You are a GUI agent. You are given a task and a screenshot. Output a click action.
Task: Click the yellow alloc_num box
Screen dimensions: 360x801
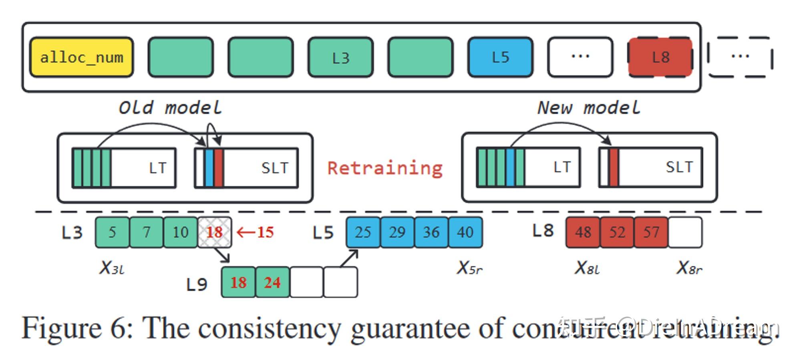82,57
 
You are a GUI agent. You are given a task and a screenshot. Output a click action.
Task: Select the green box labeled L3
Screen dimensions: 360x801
340,57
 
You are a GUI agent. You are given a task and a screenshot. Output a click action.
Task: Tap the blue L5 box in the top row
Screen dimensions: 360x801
500,57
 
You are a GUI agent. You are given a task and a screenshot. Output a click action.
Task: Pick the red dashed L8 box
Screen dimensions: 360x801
660,57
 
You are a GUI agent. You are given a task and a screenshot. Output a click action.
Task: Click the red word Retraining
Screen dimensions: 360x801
385,168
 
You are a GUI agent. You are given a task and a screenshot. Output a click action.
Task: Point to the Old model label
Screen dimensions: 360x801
170,108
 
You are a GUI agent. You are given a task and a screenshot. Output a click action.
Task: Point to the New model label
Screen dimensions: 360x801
589,108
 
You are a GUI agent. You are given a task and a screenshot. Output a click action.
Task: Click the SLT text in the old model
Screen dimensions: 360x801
275,168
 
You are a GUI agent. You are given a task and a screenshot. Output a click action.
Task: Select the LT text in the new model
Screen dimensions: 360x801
562,167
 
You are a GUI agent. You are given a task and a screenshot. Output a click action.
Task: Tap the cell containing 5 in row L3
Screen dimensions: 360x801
113,232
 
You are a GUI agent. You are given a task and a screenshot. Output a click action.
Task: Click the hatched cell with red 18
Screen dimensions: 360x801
214,232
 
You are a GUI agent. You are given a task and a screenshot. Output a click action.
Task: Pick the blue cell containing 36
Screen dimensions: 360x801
431,232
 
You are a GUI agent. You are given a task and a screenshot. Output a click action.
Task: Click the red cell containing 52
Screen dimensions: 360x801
617,232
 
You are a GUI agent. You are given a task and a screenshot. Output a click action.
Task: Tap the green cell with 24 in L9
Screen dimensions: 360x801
272,283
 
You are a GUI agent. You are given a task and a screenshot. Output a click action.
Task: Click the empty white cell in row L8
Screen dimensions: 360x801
685,232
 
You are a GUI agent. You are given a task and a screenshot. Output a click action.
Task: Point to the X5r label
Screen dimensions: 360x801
469,268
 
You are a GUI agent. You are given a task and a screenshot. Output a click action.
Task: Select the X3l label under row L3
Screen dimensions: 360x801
112,268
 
